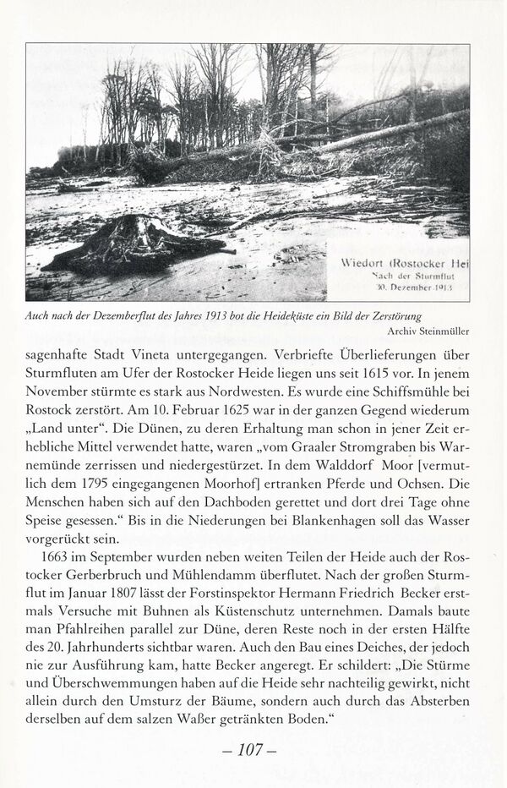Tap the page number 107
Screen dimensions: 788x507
tap(253, 748)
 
